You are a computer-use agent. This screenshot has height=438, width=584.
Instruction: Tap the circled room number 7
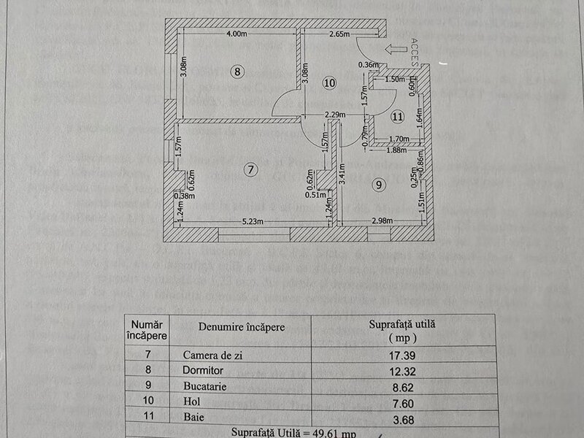click(250, 169)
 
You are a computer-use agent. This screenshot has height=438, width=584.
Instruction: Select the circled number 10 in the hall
click(329, 83)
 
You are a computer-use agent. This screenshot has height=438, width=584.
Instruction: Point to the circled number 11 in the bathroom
click(397, 115)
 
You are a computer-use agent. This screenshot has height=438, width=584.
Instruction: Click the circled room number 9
click(377, 185)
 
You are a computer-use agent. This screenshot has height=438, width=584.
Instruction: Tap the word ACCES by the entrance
click(415, 51)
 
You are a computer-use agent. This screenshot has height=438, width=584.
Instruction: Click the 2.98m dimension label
click(381, 222)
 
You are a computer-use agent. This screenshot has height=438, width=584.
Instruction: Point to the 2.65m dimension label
click(339, 34)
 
